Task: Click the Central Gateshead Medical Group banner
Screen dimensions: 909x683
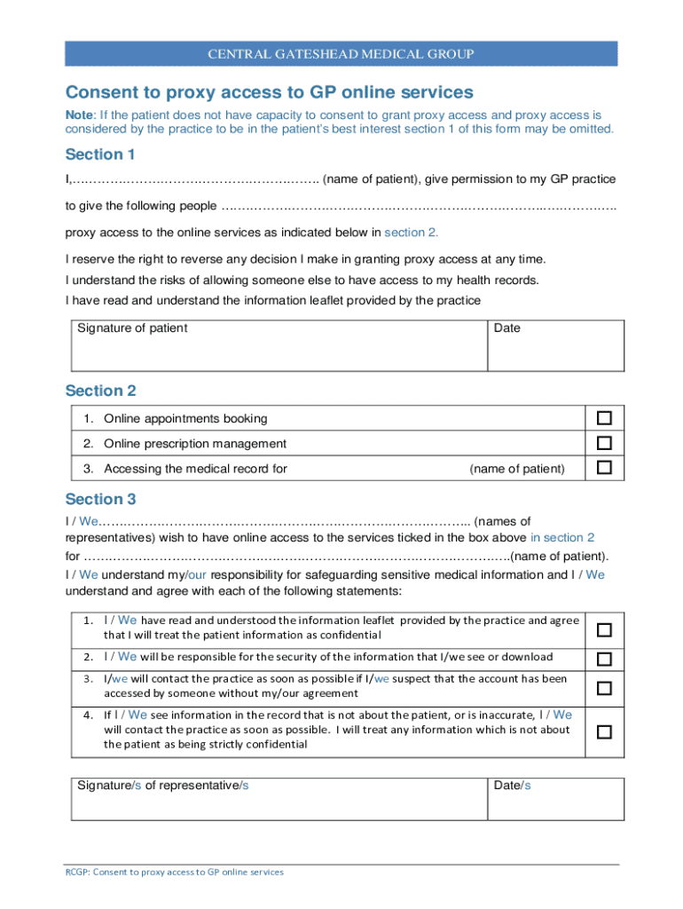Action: tap(341, 54)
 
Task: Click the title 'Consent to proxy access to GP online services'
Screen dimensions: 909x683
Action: tap(270, 92)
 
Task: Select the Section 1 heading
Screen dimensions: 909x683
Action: tap(100, 154)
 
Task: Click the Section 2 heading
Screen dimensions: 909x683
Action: tap(100, 391)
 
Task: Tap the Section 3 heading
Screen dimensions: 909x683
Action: tap(100, 499)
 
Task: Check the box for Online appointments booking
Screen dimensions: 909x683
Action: tap(604, 418)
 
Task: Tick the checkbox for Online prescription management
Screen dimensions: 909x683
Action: tap(604, 443)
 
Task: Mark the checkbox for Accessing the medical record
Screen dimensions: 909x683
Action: tap(604, 468)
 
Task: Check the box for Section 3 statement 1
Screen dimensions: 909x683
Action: tap(604, 629)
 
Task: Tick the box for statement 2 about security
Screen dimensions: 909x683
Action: tap(604, 659)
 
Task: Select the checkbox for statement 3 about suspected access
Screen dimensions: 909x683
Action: tap(604, 687)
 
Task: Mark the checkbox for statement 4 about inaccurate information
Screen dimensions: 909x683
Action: tap(604, 732)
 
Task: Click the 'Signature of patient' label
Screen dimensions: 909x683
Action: tap(132, 328)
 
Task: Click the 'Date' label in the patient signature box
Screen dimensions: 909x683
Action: tap(507, 328)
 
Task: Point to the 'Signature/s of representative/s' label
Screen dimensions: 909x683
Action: tap(163, 786)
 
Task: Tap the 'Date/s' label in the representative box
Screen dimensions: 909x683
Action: tap(513, 786)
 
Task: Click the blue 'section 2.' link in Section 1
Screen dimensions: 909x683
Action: tap(411, 233)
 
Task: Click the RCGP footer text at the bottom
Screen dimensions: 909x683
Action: tap(175, 872)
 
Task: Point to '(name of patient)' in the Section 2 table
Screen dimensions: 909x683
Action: tap(516, 469)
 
